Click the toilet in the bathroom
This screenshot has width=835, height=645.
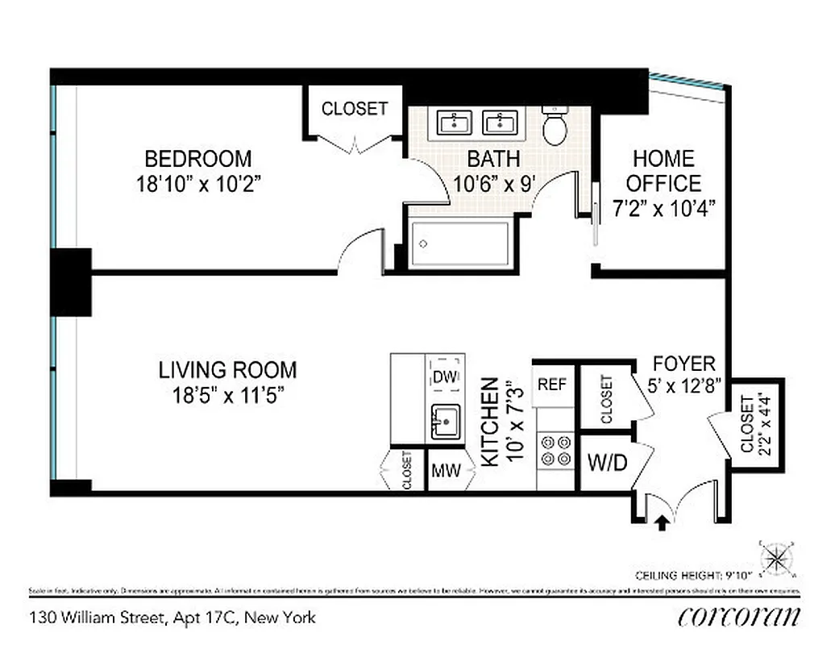click(555, 127)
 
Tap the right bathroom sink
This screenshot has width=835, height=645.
click(501, 123)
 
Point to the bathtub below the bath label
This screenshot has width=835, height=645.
click(460, 243)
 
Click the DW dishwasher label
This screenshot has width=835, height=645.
click(444, 376)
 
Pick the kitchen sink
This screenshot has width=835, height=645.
click(445, 422)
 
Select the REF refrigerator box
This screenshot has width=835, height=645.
click(552, 385)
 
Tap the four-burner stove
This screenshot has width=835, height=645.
click(555, 449)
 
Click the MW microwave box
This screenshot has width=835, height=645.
click(446, 472)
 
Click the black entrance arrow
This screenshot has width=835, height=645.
click(662, 523)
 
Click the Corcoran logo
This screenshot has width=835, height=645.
click(739, 617)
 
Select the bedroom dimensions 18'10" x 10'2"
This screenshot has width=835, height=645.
click(200, 184)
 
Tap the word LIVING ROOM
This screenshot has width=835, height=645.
click(227, 370)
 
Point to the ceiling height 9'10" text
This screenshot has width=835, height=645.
click(693, 575)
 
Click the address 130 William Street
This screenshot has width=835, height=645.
click(172, 618)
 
